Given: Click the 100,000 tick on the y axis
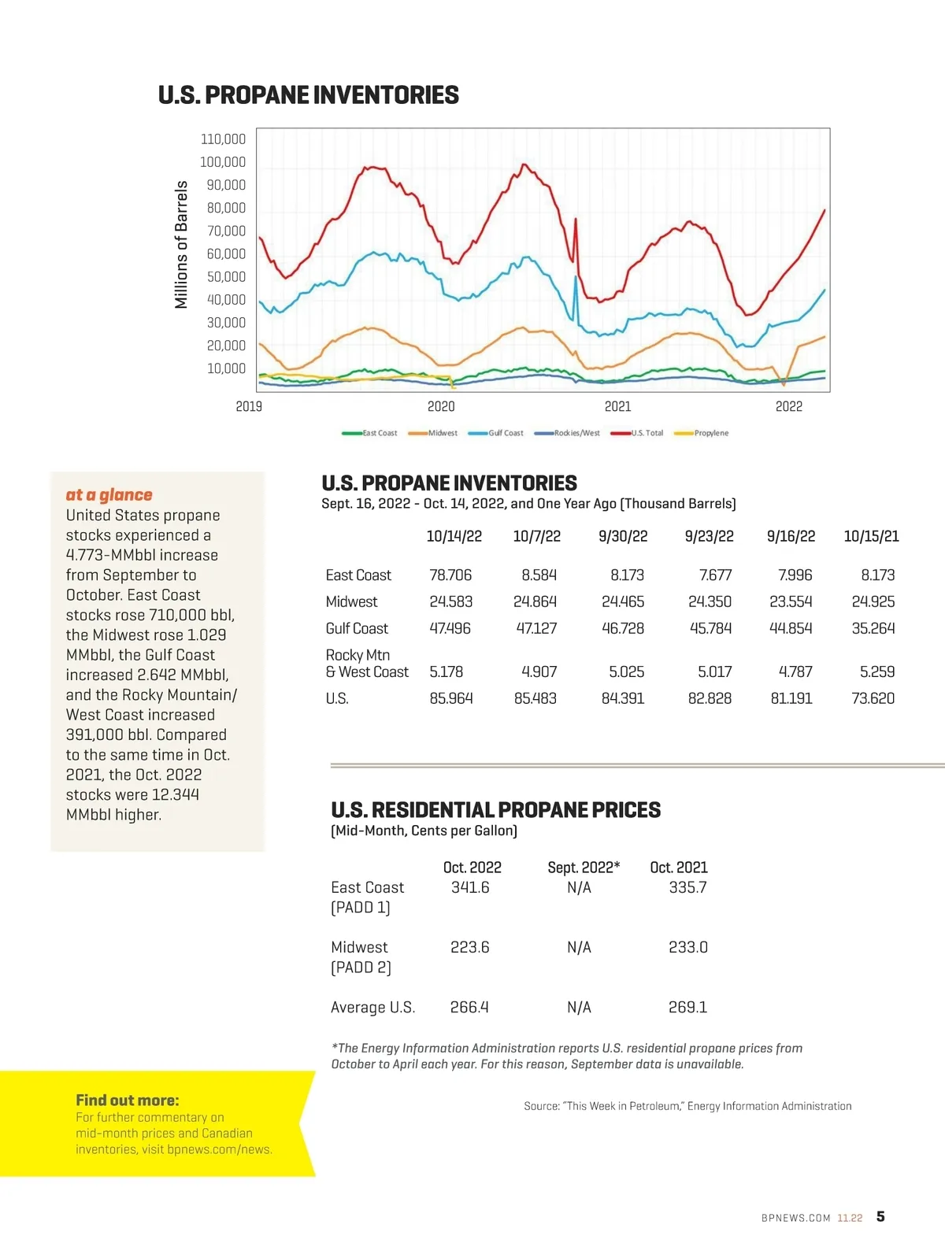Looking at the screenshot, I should pos(223,162).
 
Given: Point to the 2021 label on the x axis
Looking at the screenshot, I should pos(617,406).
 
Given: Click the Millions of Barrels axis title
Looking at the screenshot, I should pos(182,244).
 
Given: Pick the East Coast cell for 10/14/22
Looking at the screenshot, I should pos(450,575).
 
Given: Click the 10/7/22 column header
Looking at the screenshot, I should pos(536,537).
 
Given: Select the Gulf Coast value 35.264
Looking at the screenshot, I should pos(873,628).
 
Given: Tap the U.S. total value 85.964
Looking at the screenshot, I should pos(450,698).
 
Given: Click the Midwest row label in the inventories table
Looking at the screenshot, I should pos(351,601).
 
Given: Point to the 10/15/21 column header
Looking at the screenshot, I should pos(871,537).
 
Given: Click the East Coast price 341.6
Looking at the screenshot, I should pos(470,887).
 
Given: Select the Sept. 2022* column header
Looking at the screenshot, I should pos(584,868).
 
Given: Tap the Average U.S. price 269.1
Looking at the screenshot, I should pos(687,1008).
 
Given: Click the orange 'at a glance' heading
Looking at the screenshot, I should pos(109,494).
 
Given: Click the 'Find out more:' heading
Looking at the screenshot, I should pos(128,1100).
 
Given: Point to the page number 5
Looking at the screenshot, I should pos(880,1216).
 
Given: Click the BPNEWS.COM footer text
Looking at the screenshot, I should pos(795,1218).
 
